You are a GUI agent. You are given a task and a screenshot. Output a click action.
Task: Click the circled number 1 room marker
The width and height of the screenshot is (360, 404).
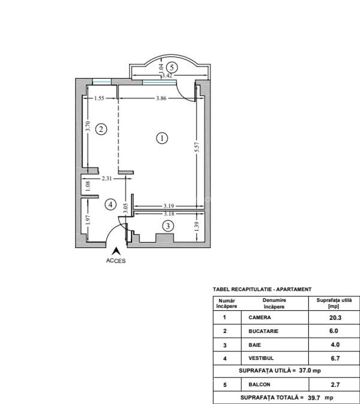pyautogui.click(x=162, y=138)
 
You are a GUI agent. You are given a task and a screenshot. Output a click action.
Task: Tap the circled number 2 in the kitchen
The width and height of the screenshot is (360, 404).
pyautogui.click(x=101, y=129)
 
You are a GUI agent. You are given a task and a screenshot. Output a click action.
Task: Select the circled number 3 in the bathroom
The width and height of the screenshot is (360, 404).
pyautogui.click(x=168, y=226)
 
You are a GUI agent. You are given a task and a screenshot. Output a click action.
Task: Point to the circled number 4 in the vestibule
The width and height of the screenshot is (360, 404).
pyautogui.click(x=111, y=205)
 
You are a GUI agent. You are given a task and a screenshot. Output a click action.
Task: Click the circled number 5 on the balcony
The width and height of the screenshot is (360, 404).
pyautogui.click(x=172, y=67)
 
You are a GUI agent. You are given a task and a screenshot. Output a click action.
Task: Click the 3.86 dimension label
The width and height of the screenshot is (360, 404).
pyautogui.click(x=161, y=98)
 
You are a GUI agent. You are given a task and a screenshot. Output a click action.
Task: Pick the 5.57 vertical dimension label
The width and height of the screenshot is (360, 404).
pyautogui.click(x=197, y=147)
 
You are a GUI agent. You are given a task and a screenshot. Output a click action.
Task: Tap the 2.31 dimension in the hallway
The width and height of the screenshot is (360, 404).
pyautogui.click(x=107, y=178)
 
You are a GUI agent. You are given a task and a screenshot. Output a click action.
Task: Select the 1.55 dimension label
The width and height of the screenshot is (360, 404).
pyautogui.click(x=99, y=98)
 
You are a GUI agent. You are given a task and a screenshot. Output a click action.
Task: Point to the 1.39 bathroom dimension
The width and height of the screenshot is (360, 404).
pyautogui.click(x=197, y=227)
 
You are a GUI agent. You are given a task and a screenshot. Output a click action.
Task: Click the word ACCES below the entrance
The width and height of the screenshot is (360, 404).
pyautogui.click(x=116, y=261)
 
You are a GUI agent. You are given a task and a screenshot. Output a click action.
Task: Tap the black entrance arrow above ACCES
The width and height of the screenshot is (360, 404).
pyautogui.click(x=116, y=251)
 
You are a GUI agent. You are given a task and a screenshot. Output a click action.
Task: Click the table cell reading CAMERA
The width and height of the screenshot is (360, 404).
pyautogui.click(x=260, y=317)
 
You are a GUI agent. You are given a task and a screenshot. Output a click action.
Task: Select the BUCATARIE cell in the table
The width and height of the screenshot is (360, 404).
pyautogui.click(x=263, y=331)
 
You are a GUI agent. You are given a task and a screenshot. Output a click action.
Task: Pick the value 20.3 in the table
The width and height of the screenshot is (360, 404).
pyautogui.click(x=335, y=318)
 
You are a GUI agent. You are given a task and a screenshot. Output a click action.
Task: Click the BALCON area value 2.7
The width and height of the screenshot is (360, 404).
pyautogui.click(x=335, y=385)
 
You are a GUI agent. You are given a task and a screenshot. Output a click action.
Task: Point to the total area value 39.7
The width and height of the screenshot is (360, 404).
pyautogui.click(x=314, y=398)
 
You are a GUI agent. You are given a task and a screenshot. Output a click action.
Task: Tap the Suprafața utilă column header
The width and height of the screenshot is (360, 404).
pyautogui.click(x=334, y=303)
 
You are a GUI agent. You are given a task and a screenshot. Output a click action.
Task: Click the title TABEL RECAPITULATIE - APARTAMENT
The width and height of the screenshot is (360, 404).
pyautogui.click(x=262, y=290)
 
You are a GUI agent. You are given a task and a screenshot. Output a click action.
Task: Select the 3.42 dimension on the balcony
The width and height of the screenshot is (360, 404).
pyautogui.click(x=167, y=75)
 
